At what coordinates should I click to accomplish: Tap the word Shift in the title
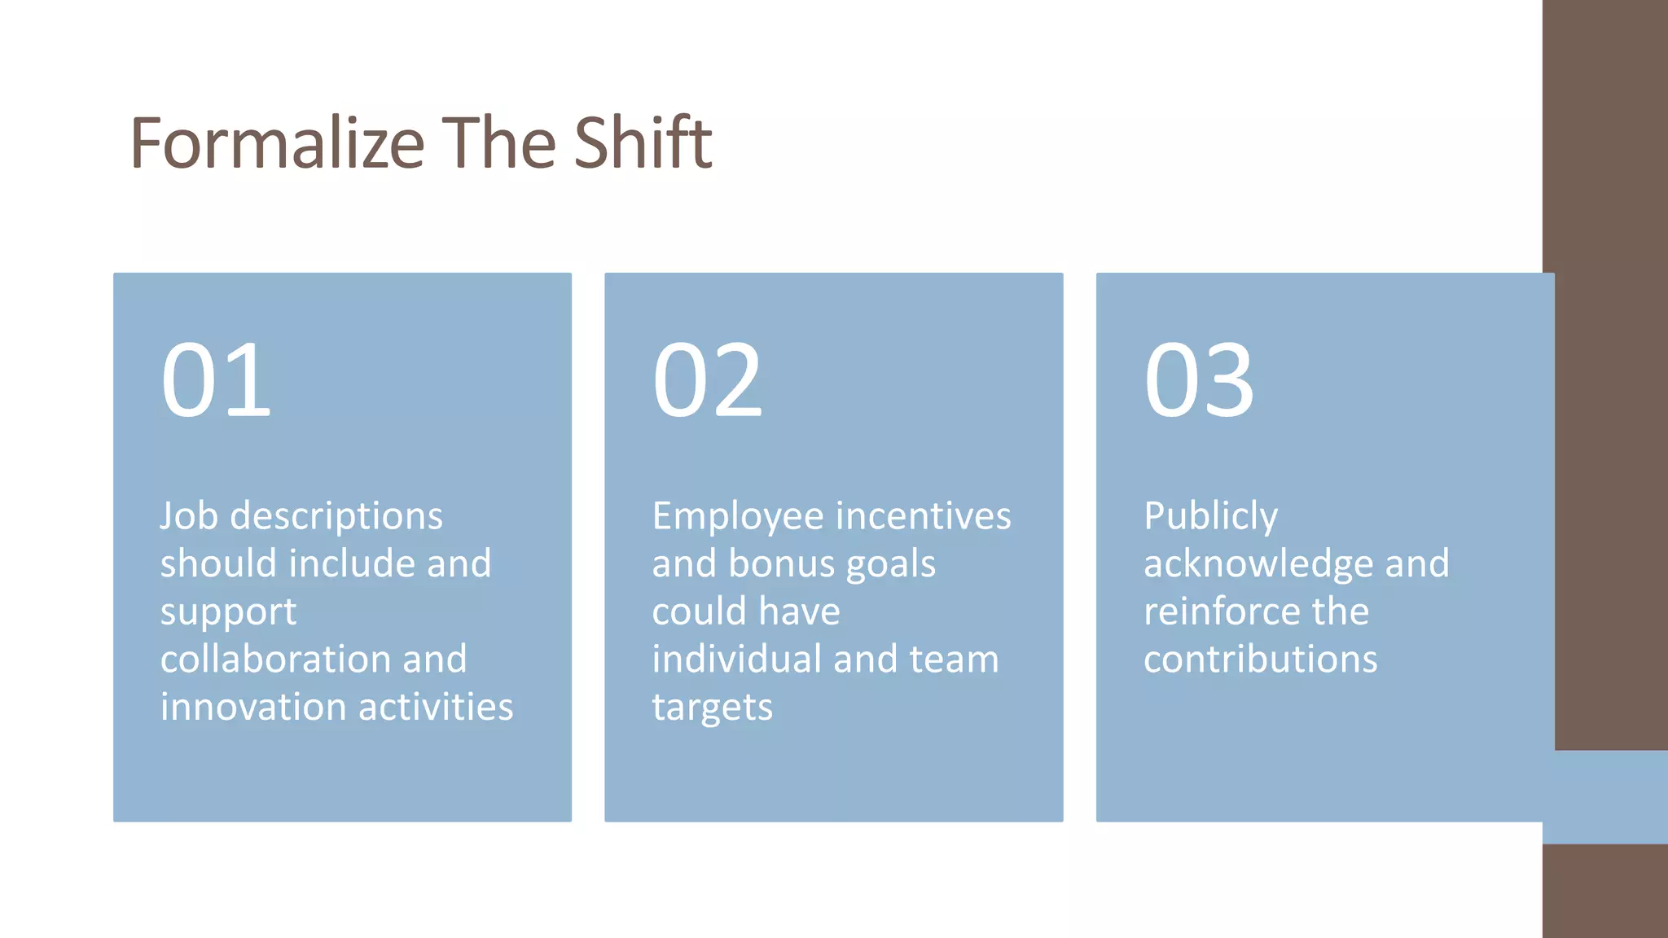(x=643, y=143)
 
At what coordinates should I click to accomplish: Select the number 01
(x=216, y=380)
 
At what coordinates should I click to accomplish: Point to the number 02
(x=707, y=380)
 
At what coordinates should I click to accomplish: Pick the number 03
(x=1199, y=380)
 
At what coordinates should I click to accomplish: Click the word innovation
(x=252, y=707)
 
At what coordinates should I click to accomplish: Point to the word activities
(x=437, y=707)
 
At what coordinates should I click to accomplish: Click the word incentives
(x=924, y=516)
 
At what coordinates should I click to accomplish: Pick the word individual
(x=736, y=659)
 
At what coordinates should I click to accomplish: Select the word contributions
(x=1260, y=659)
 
